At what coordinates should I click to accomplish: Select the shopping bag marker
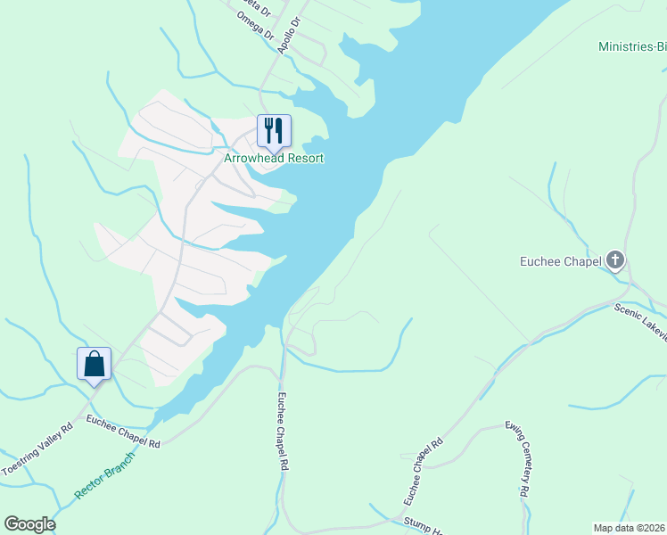click(95, 364)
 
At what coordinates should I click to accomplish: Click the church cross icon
click(614, 261)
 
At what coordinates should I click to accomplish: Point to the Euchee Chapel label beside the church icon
click(560, 261)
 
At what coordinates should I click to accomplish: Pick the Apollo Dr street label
click(291, 35)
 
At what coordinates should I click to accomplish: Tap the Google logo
click(29, 524)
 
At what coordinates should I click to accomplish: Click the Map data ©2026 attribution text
click(628, 528)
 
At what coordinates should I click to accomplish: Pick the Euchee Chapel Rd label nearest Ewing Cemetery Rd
click(423, 467)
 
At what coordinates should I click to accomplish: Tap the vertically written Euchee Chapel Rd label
click(284, 432)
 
